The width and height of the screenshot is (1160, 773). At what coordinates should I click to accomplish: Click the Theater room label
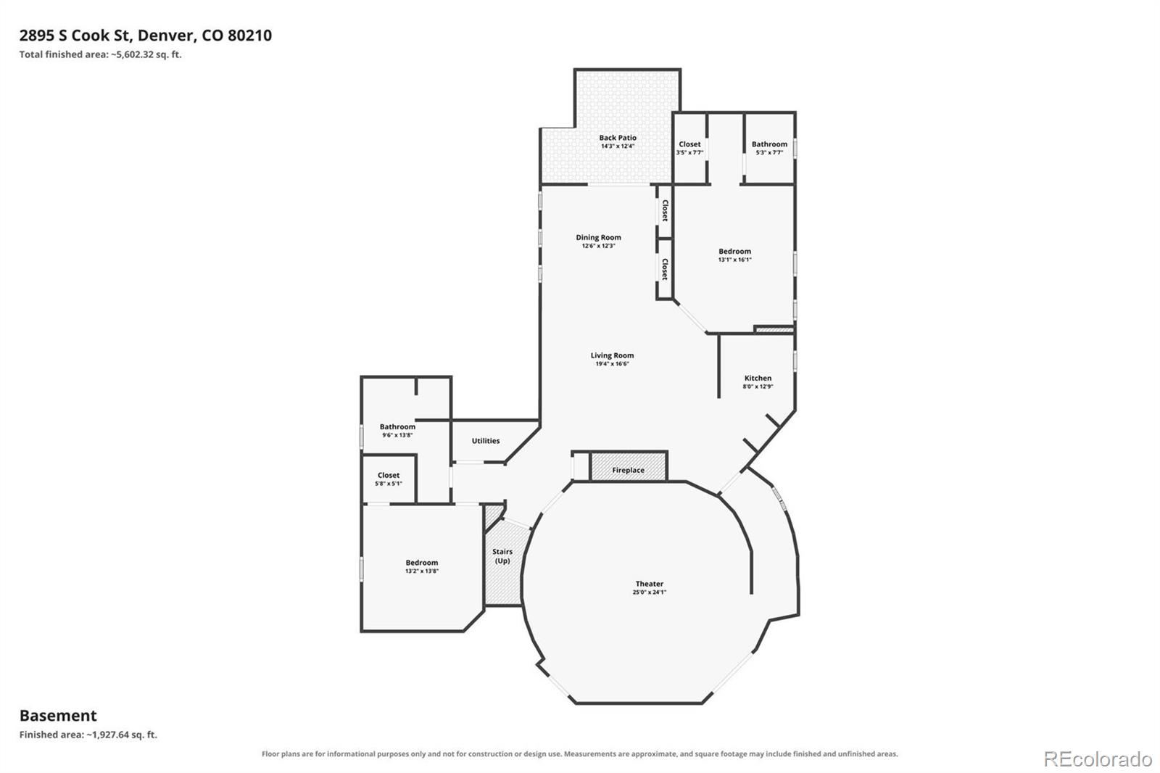[650, 584]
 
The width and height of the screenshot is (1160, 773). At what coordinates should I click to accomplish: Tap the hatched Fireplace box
[628, 466]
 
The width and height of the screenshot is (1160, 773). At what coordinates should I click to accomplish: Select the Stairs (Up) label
[502, 556]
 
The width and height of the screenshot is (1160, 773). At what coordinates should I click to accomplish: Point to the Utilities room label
[486, 440]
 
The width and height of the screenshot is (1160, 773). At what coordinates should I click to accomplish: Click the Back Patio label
[618, 137]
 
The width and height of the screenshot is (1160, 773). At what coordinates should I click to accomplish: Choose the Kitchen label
[758, 379]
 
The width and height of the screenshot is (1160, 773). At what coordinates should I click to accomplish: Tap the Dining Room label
[599, 237]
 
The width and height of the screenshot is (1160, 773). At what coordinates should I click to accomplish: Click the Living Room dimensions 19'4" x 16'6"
[612, 364]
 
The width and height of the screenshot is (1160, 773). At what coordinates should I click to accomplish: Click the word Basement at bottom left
[58, 716]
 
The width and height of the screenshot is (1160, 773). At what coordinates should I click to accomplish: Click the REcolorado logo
[1098, 759]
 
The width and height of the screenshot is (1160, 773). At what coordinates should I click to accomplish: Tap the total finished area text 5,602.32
[133, 54]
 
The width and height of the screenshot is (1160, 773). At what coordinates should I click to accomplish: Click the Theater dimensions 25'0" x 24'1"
[650, 592]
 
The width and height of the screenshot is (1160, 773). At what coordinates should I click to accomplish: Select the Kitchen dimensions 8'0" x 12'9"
[758, 386]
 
